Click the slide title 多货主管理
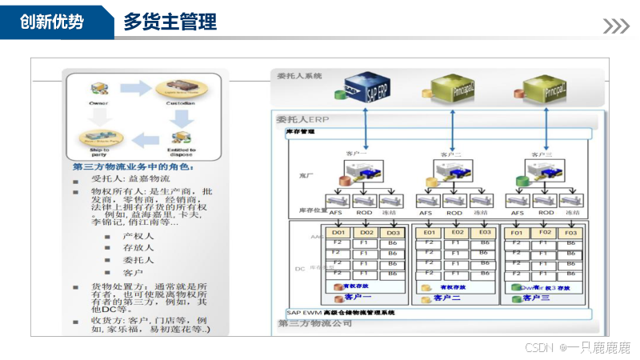click(170, 22)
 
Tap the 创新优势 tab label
click(51, 22)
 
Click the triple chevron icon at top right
click(615, 26)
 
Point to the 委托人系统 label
click(299, 76)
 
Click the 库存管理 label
click(302, 132)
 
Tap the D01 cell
click(338, 232)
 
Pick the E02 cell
click(457, 232)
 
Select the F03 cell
click(570, 232)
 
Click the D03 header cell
click(392, 232)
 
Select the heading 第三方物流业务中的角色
click(132, 166)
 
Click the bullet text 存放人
click(138, 248)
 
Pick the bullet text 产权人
click(138, 236)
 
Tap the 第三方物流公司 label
click(315, 323)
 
